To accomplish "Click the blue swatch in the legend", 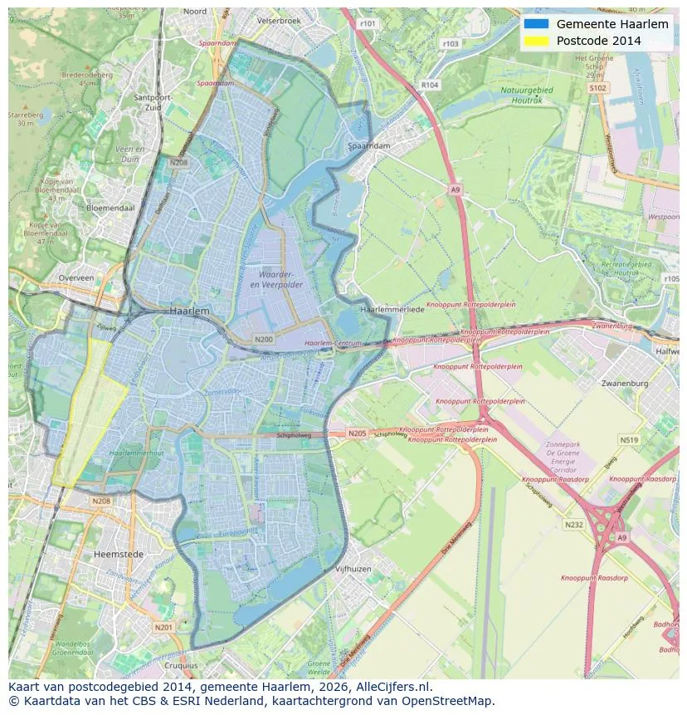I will tap(536, 24).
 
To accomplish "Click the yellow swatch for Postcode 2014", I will tap(536, 41).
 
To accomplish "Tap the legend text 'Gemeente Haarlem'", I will tap(612, 24).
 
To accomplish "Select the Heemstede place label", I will tap(119, 554).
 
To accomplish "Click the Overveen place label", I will tap(76, 278).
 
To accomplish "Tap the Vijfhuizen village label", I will tap(352, 569).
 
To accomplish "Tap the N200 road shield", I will tap(264, 340).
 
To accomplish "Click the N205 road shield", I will tap(357, 433).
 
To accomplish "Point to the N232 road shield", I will tap(573, 524).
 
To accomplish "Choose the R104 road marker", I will tap(430, 85).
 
